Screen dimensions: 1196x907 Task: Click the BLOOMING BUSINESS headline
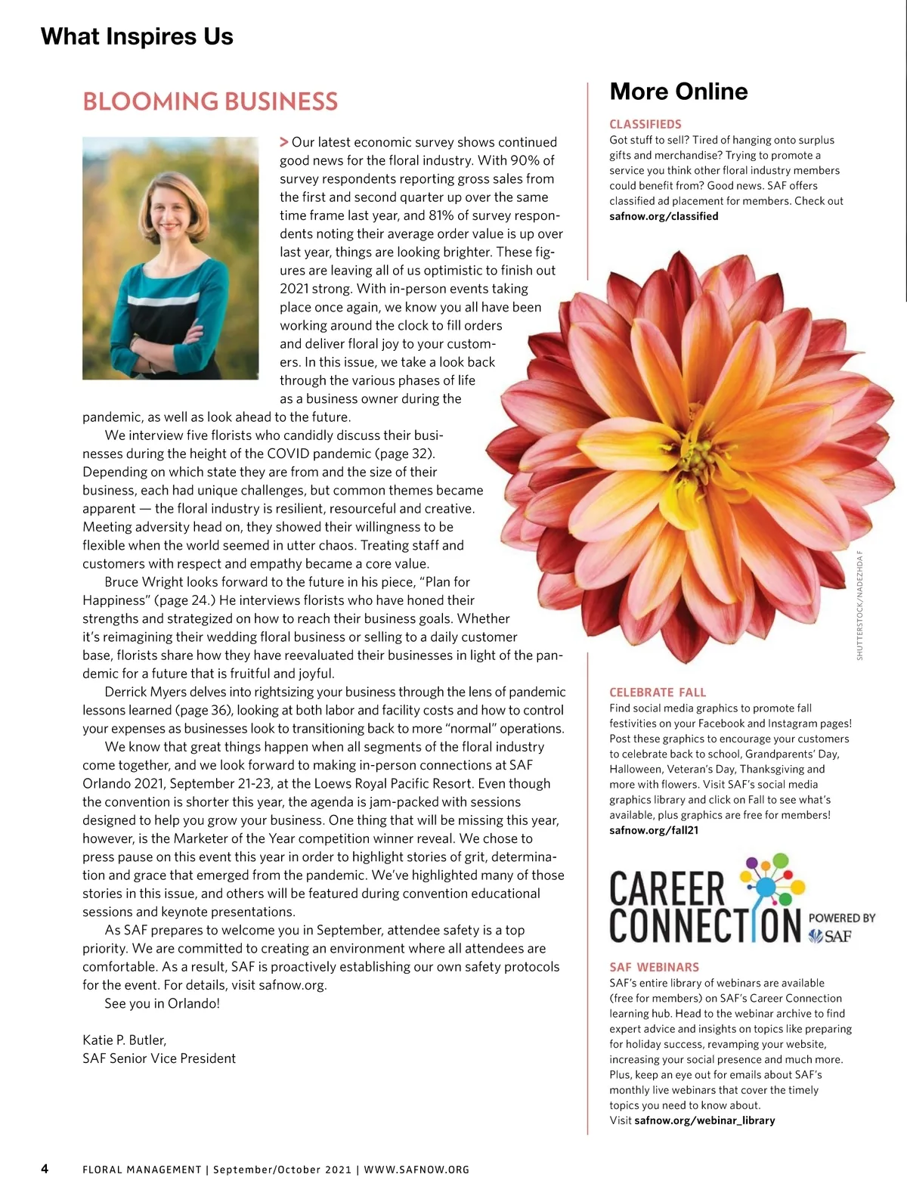pos(210,101)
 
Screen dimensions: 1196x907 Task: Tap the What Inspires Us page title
pos(137,36)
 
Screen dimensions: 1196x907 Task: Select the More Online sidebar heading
pos(678,91)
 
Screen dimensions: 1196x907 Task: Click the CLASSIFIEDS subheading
pos(645,124)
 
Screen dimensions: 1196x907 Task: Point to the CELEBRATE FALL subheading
pos(658,692)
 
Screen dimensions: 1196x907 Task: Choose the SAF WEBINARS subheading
pos(654,967)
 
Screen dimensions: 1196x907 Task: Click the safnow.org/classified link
pos(664,216)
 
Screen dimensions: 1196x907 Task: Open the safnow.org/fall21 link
pos(654,830)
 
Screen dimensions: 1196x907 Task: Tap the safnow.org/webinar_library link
pos(704,1120)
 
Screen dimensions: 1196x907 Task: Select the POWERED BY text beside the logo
pos(842,918)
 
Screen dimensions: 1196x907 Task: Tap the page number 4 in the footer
pos(45,1169)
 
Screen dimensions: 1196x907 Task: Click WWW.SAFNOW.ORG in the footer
pos(416,1170)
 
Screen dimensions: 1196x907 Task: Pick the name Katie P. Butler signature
pos(124,1040)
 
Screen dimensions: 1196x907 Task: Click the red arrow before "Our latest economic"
pos(284,142)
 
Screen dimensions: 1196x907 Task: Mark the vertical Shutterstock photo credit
pos(859,606)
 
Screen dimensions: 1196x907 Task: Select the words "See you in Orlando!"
pos(162,1004)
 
